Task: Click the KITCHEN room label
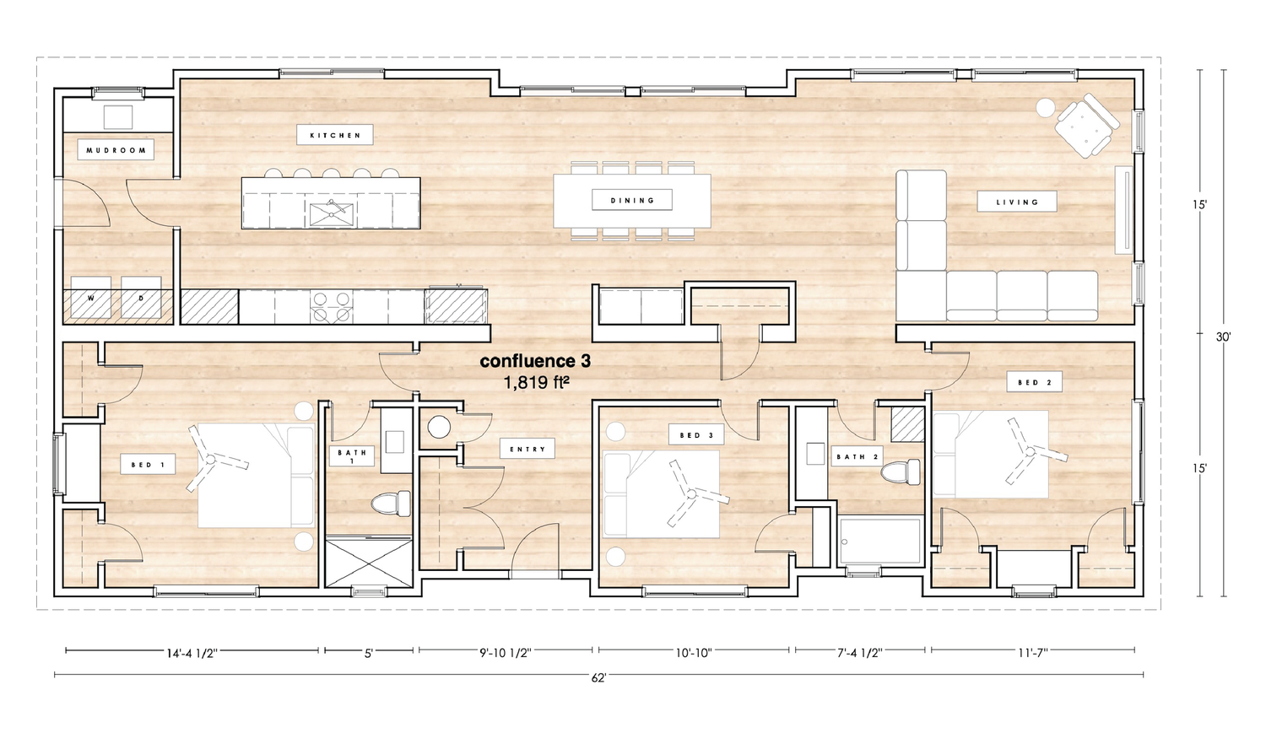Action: tap(335, 136)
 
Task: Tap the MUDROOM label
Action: tap(116, 150)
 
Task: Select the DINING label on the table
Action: tap(632, 201)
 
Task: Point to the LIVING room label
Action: tap(1017, 202)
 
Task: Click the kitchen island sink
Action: tap(331, 214)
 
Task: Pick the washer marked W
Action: tap(91, 298)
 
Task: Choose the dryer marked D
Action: tap(141, 298)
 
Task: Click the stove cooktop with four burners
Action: tap(331, 307)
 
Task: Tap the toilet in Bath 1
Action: tap(391, 503)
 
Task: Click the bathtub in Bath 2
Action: tap(880, 541)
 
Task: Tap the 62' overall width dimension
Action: tap(598, 678)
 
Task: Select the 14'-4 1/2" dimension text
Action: tap(192, 654)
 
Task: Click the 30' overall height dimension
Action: tap(1223, 337)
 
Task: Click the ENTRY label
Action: tap(527, 449)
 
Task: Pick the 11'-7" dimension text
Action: tap(1032, 654)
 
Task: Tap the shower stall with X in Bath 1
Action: tap(369, 563)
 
